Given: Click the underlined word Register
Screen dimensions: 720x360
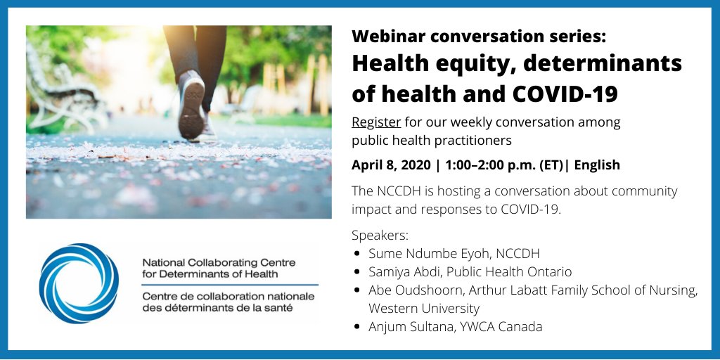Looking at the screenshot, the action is (x=376, y=123).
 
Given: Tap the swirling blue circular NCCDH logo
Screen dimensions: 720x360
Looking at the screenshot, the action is (x=79, y=283).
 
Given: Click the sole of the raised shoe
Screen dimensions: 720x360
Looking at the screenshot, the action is (x=191, y=105).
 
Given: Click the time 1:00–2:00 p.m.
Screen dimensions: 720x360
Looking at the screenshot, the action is (x=488, y=165).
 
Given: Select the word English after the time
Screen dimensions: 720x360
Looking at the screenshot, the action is (x=597, y=165).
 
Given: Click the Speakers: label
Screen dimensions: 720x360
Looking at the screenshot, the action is (x=380, y=236).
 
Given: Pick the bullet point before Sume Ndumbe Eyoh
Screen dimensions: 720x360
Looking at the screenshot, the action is (x=357, y=253).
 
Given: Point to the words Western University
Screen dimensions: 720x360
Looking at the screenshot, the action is (x=424, y=308).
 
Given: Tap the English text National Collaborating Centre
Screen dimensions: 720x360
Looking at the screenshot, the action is (x=219, y=263).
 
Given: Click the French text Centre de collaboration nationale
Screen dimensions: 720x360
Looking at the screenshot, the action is (x=229, y=297).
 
